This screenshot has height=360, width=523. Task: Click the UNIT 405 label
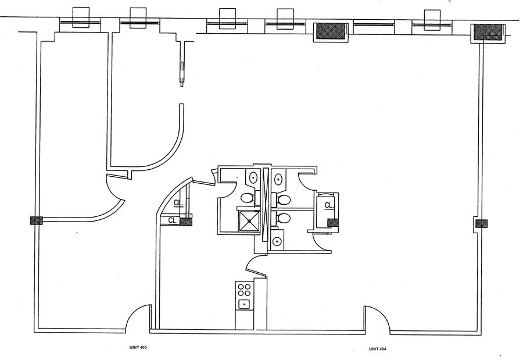tap(138, 348)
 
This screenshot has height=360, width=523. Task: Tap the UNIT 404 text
tap(378, 348)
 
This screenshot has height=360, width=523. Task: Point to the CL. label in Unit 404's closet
tap(329, 205)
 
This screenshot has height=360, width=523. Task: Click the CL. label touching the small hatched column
tap(173, 220)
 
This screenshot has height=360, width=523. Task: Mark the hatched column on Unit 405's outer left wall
tap(36, 221)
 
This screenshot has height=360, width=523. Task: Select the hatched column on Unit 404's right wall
tap(481, 223)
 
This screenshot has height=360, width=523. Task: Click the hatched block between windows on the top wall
tap(331, 31)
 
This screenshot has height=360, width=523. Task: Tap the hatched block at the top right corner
tap(487, 33)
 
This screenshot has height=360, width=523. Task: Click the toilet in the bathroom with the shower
tap(246, 198)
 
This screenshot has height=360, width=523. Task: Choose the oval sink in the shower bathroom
tap(254, 177)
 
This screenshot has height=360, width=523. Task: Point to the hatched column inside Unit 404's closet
tap(333, 222)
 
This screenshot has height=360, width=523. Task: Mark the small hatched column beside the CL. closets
tap(187, 221)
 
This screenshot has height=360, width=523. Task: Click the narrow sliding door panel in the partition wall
tap(182, 72)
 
